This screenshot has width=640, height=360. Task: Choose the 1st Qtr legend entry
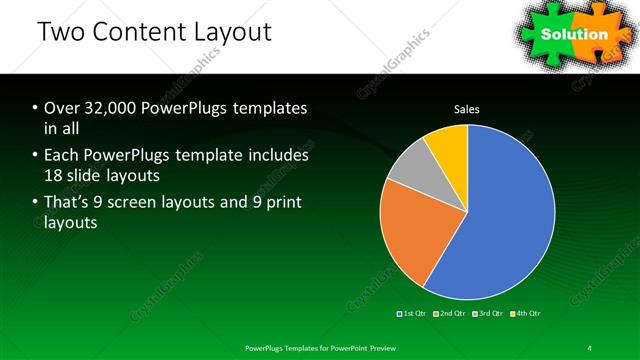click(x=415, y=313)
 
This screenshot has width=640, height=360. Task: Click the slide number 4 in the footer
click(x=590, y=347)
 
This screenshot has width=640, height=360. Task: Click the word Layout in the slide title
click(x=235, y=32)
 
